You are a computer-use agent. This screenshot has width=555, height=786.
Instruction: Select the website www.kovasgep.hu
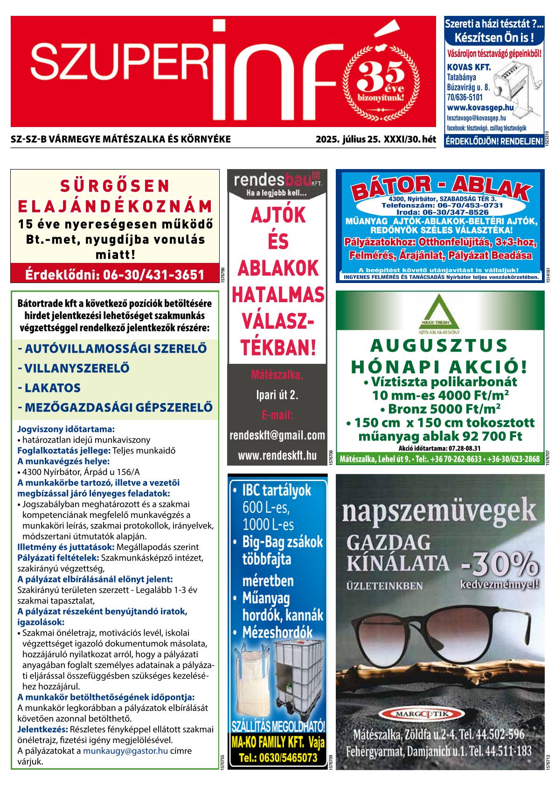coord(480,108)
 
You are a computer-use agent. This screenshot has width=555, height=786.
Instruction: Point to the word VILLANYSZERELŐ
coord(73,368)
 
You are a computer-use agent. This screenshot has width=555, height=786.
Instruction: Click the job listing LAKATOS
coord(49,388)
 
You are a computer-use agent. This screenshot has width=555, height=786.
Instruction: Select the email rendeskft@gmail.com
coord(277,435)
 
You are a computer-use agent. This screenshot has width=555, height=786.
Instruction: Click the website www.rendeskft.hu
coord(277,455)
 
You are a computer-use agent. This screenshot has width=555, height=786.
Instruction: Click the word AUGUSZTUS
coord(439,346)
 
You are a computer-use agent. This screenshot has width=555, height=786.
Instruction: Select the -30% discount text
coord(499,565)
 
